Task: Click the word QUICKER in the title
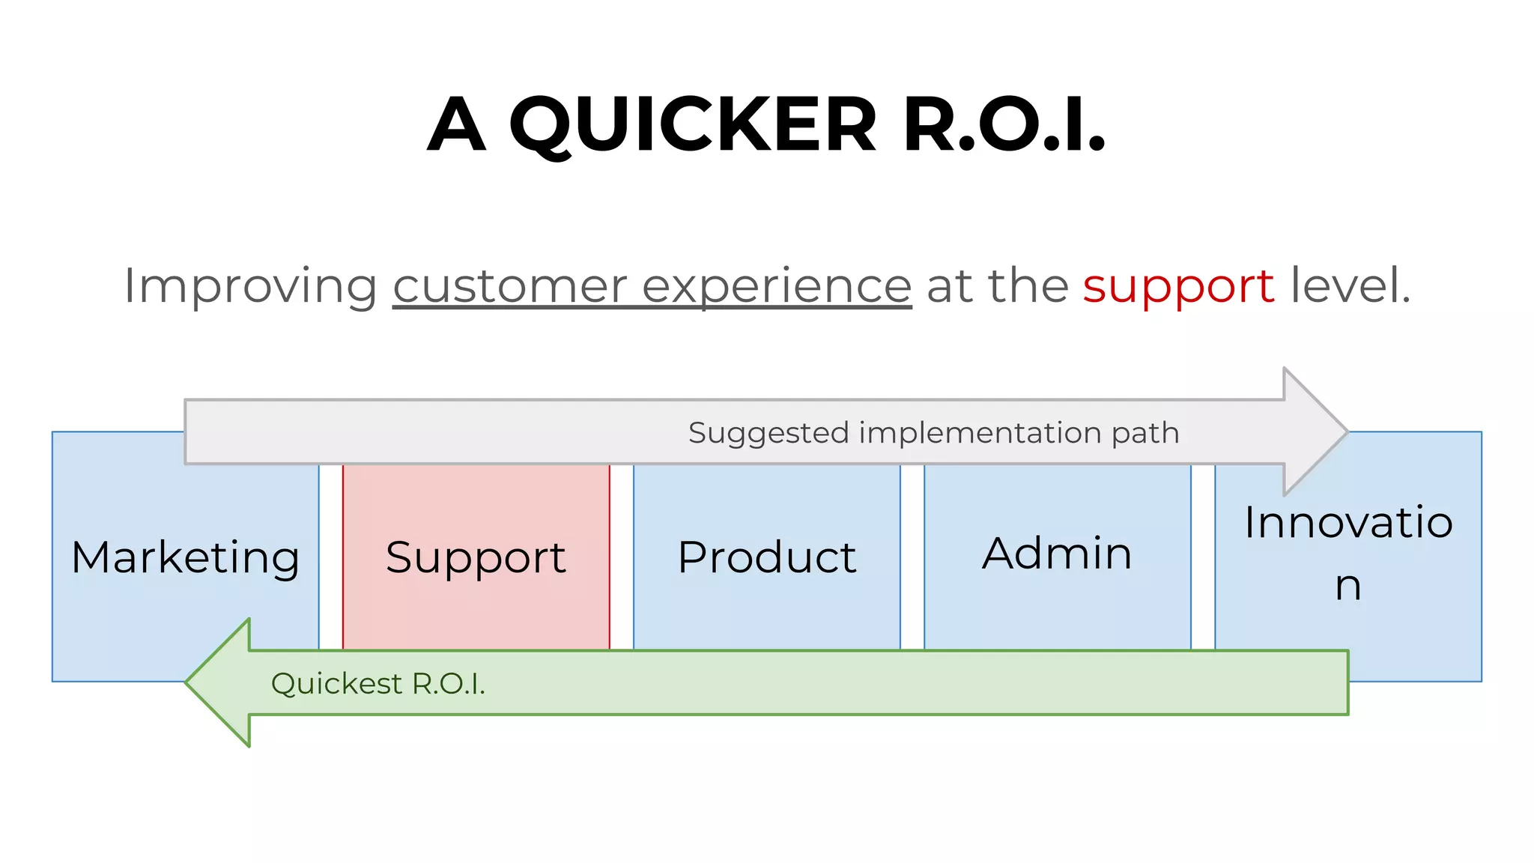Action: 693,125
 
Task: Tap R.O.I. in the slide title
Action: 1004,125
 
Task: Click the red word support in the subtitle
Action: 1178,286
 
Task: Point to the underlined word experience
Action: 777,286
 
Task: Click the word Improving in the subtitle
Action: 251,286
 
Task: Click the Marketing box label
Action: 185,557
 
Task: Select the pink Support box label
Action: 476,557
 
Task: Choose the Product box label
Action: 767,557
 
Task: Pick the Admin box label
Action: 1057,554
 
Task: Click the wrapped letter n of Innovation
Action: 1347,586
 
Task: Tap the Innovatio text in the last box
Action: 1348,522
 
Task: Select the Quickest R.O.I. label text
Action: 378,684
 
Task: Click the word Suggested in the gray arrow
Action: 768,434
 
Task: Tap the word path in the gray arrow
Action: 1145,434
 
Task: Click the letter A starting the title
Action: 456,125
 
